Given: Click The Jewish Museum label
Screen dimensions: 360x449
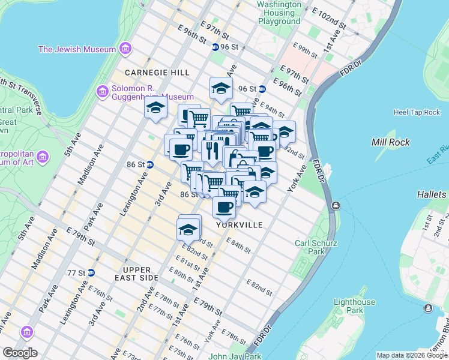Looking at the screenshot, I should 78,49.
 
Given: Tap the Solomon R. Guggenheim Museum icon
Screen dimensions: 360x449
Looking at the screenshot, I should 102,92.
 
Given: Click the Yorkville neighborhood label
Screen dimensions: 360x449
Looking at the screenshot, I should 240,225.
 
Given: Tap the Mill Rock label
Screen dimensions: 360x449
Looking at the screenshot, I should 390,142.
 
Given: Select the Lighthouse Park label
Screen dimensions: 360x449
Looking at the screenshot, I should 355,306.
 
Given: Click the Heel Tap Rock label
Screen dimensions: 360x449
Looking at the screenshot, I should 417,112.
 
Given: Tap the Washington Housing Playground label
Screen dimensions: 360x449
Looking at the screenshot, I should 279,13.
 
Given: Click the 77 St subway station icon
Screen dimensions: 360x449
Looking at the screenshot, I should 90,272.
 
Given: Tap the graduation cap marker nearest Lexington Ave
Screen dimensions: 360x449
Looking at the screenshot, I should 155,109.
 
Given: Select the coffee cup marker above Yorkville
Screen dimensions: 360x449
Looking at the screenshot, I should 224,207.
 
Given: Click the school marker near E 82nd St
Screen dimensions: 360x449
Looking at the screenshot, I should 188,230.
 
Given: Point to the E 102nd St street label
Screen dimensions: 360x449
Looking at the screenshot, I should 329,19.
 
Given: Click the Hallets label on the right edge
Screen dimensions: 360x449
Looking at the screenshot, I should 432,194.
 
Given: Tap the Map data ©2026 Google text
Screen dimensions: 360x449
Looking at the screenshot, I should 412,355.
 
